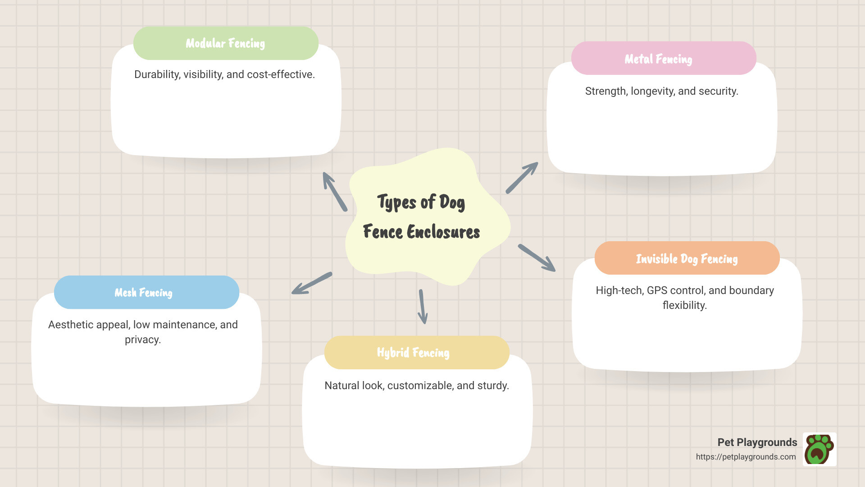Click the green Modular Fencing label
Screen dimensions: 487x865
(x=226, y=43)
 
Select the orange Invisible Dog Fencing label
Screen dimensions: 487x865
(x=687, y=258)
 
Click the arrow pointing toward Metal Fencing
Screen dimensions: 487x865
(x=522, y=178)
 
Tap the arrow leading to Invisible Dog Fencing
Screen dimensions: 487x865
(x=537, y=257)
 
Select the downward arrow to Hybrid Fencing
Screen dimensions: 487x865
(x=422, y=307)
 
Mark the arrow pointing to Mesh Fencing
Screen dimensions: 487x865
(x=312, y=283)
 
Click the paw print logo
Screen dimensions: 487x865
(x=819, y=449)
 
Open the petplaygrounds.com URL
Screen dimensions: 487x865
(x=746, y=457)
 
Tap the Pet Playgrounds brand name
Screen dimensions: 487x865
(x=757, y=442)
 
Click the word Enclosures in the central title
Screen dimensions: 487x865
(x=443, y=232)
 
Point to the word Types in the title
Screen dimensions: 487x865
(x=396, y=202)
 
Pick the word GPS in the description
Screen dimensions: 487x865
(x=657, y=290)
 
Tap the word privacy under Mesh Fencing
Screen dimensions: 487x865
(x=142, y=340)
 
